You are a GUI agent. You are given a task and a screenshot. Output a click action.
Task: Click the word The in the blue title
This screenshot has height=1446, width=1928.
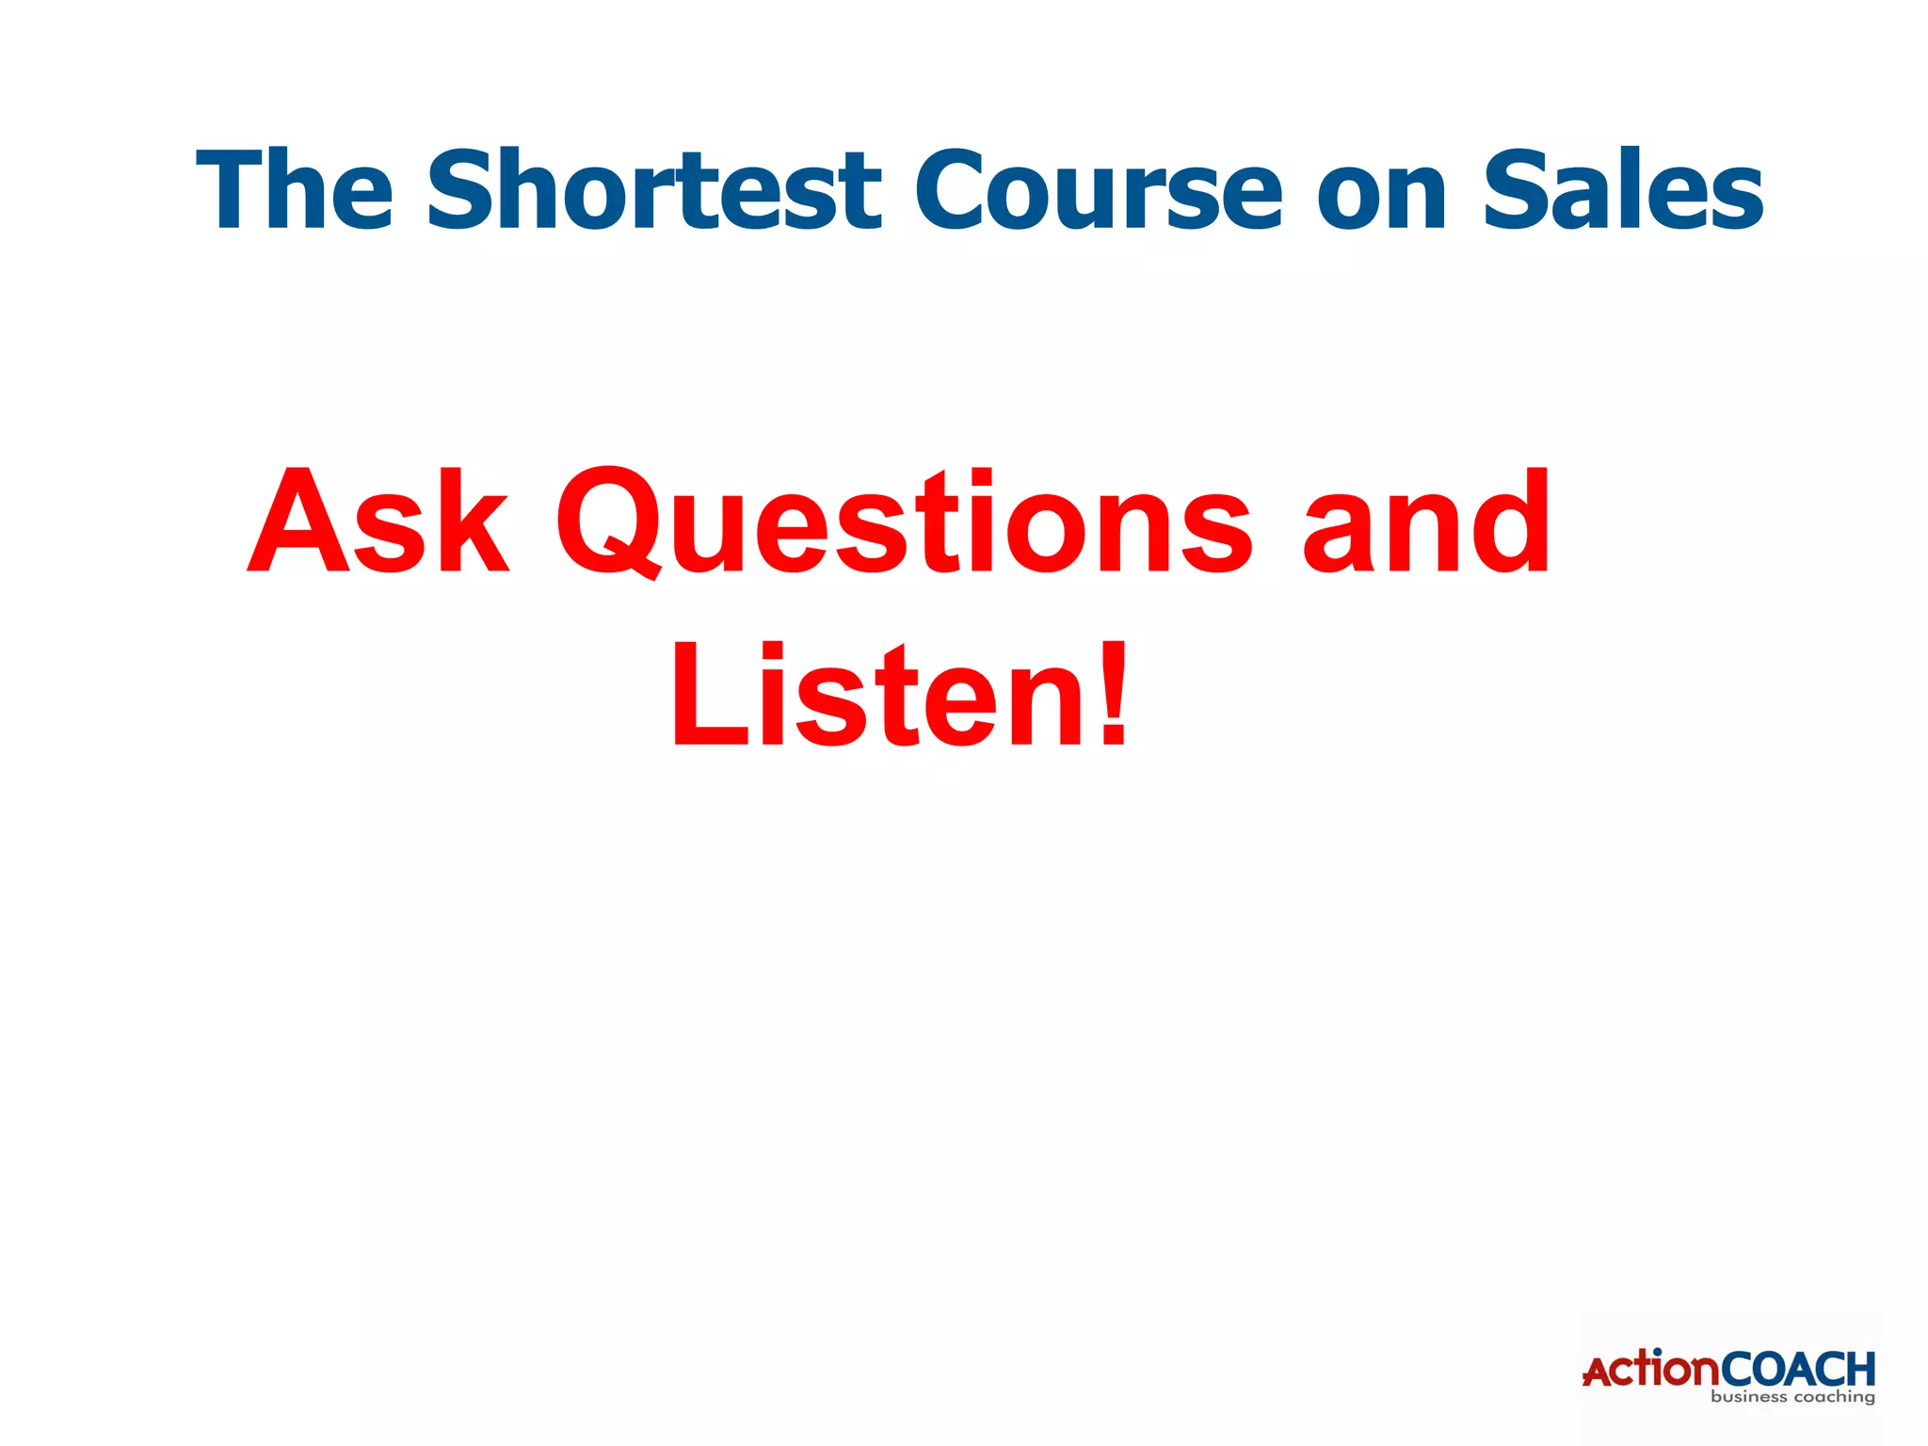tap(295, 191)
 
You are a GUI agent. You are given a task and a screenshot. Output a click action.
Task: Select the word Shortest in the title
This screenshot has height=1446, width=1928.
tap(653, 191)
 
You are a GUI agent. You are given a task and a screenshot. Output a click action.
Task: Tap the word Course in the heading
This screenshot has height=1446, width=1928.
tap(1098, 191)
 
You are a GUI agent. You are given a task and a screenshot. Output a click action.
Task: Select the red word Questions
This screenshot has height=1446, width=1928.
tap(904, 522)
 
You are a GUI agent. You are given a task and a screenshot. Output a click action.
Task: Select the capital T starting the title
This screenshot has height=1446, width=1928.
tap(230, 191)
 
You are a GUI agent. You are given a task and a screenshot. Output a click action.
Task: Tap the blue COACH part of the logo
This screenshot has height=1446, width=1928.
tap(1798, 1369)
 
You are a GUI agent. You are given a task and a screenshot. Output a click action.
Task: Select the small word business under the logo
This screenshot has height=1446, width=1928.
tap(1748, 1397)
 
